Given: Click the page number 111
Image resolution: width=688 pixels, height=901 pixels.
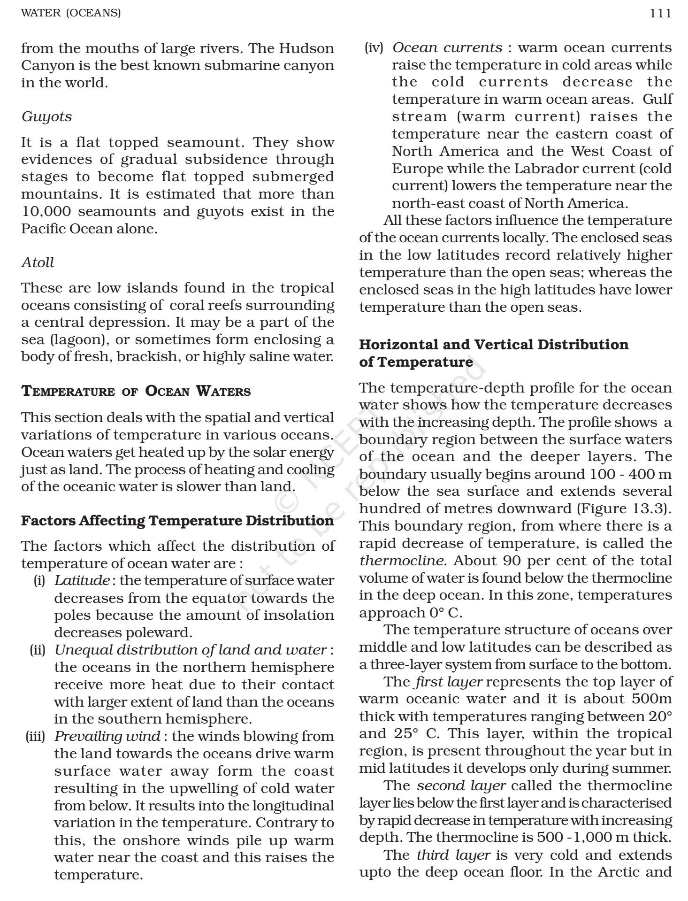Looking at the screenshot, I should [x=661, y=13].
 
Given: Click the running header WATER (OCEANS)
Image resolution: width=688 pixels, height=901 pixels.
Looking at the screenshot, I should [x=71, y=13].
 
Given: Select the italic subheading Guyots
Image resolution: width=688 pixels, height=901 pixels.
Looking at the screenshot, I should [x=47, y=116].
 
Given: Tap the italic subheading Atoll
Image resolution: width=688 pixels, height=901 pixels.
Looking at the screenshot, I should [x=38, y=262].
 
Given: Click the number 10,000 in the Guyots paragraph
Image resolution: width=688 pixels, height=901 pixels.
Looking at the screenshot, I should [x=46, y=211].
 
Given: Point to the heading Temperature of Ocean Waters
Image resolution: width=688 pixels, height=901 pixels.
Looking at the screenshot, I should [x=136, y=391].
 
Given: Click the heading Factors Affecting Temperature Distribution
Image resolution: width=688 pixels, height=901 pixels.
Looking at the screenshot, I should [x=178, y=521].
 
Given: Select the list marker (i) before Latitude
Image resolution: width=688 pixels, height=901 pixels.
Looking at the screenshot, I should [x=38, y=581].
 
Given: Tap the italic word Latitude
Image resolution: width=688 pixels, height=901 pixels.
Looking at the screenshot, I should [x=83, y=581].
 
